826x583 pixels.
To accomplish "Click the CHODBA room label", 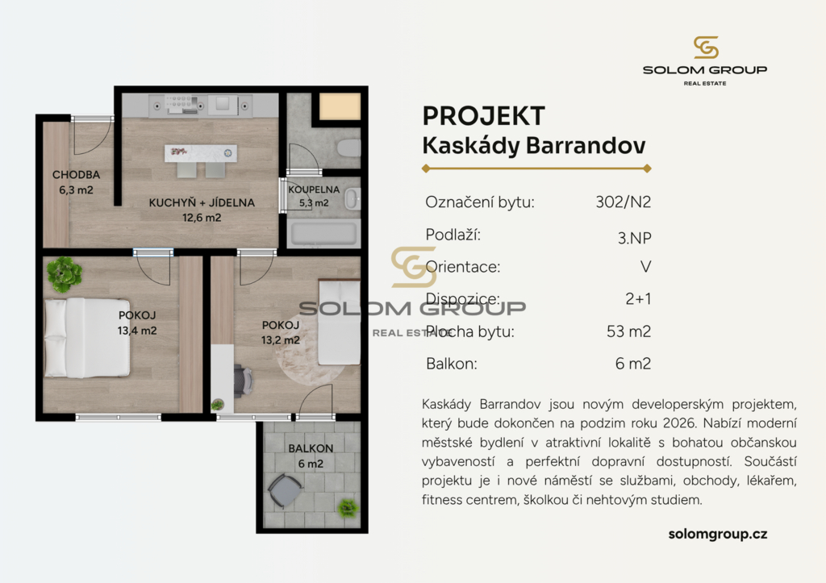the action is (76, 175).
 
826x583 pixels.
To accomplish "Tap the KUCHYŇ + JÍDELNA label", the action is (202, 202).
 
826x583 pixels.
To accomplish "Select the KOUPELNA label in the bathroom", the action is (314, 189).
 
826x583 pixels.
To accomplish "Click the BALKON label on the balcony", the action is (311, 448).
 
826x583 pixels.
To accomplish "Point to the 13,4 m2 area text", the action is (137, 331).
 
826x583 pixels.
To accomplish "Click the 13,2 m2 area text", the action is (281, 340).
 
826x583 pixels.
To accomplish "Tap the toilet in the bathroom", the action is (349, 148).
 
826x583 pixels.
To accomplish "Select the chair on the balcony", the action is (285, 491).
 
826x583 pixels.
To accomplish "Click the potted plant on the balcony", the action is (348, 508).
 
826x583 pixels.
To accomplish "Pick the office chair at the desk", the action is (243, 379).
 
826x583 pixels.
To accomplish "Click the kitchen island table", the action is (201, 154).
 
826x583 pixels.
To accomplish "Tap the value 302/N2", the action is (624, 202).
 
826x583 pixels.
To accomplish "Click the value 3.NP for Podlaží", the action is (634, 238).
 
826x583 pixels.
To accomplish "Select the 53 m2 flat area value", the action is (628, 331).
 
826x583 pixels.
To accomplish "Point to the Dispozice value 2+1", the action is (638, 299).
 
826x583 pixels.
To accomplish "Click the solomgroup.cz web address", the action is (717, 535).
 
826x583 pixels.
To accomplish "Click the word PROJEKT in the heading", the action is (484, 116).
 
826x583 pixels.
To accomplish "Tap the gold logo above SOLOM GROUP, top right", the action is (706, 48).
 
